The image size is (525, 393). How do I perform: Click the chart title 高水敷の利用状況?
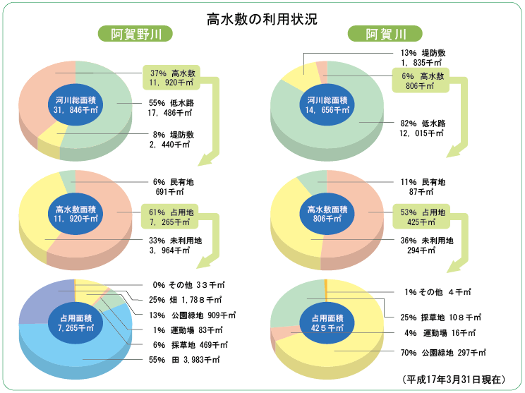point(262,19)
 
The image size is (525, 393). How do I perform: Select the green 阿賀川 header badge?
point(385,34)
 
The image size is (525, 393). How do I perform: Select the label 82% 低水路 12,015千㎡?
point(423,128)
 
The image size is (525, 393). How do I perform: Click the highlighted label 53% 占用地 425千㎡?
point(423,217)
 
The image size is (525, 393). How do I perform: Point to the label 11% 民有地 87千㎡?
point(423,186)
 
